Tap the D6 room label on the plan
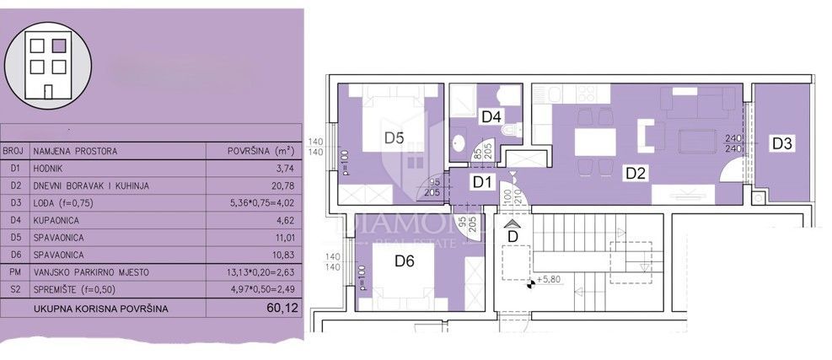point(405,262)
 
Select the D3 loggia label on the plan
point(781,143)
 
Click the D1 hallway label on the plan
point(481,180)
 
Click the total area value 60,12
point(281,309)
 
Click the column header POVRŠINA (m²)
point(260,152)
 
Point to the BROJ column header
point(13,152)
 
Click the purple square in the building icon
point(58,47)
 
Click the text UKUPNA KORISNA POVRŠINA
point(100,309)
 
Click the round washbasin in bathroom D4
point(459,142)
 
